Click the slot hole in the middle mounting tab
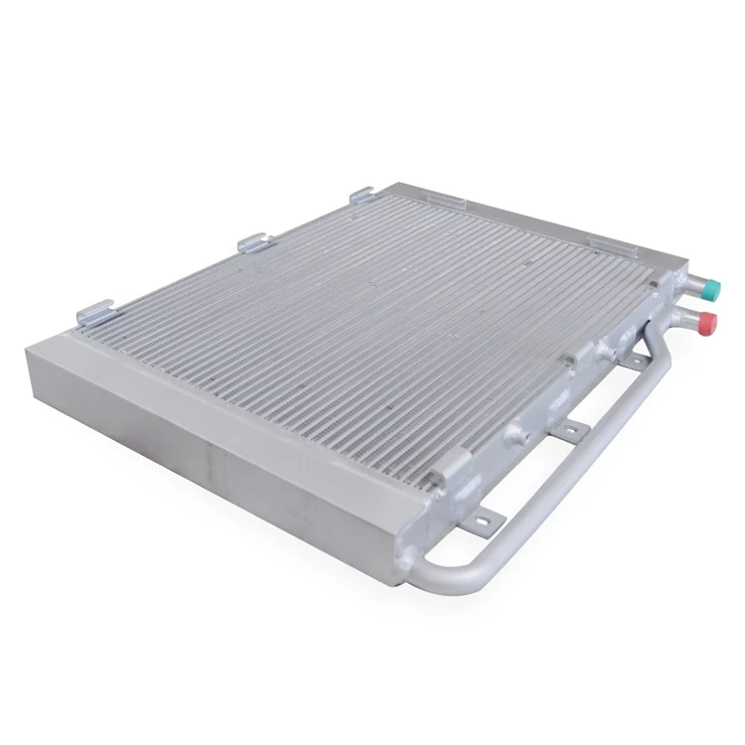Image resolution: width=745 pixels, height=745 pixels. [570, 430]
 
